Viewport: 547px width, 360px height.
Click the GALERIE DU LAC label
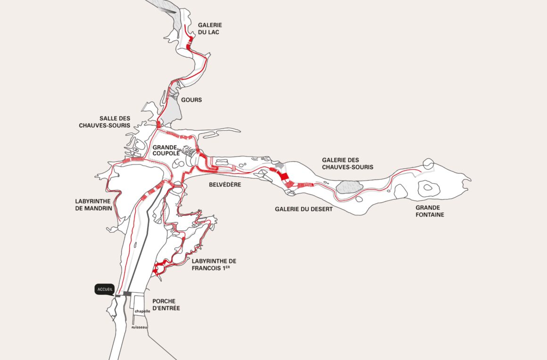coord(210,28)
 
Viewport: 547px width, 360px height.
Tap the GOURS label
coord(191,100)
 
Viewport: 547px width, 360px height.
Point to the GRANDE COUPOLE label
coord(165,150)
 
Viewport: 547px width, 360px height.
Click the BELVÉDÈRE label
coord(225,185)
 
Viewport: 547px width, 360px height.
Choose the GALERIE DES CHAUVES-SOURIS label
coord(348,164)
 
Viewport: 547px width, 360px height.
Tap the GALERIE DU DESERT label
coord(304,209)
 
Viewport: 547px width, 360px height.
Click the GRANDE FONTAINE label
coord(430,211)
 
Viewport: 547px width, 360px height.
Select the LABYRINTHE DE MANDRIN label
coord(93,204)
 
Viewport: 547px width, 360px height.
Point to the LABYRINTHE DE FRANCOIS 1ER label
coord(214,264)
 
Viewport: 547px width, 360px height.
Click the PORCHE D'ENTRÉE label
coord(166,304)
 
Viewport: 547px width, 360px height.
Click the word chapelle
coord(142,311)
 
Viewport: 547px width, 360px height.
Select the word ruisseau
coord(140,327)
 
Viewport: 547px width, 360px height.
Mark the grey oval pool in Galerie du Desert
coord(349,187)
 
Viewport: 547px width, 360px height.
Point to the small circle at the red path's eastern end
coord(428,164)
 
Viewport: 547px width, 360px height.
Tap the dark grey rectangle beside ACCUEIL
coord(127,294)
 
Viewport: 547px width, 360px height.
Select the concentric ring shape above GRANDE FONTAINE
coord(427,187)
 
